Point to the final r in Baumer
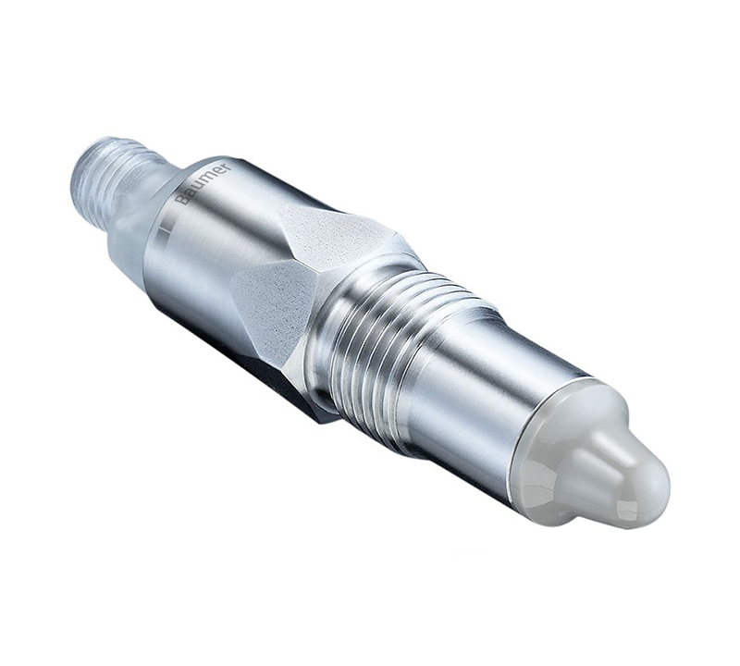click(x=224, y=169)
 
